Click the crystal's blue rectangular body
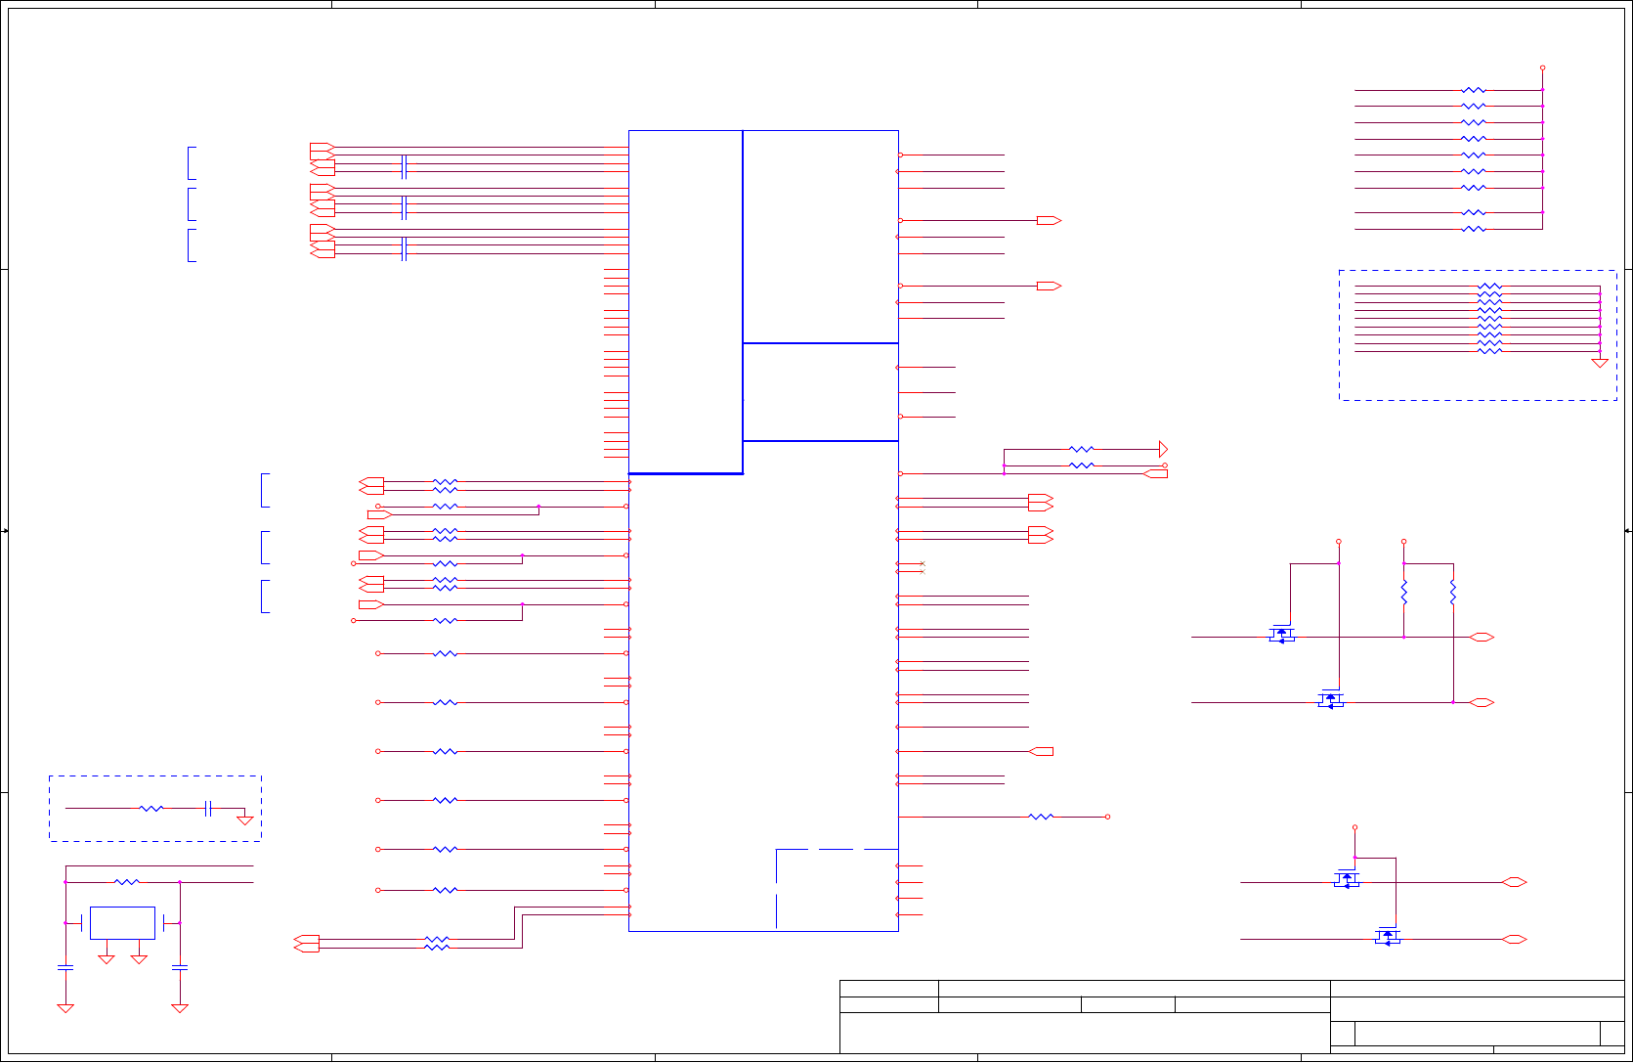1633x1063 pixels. pos(122,922)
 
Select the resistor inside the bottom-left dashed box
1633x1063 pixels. pos(151,809)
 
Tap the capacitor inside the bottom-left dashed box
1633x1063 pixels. pos(208,809)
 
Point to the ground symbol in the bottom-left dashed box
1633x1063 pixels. pos(245,820)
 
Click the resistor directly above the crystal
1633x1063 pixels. pos(127,882)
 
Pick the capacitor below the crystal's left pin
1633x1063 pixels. pos(65,967)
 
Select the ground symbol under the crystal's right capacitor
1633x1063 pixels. pos(180,1008)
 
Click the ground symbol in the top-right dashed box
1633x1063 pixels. pos(1600,363)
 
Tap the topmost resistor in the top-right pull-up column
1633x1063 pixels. pos(1474,90)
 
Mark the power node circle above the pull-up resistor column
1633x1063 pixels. pos(1542,67)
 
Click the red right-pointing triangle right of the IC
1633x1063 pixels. pos(1163,449)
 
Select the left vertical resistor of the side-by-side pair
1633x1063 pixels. pos(1404,593)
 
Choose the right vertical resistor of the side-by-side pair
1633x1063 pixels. pos(1453,593)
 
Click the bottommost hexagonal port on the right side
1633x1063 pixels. pos(1514,940)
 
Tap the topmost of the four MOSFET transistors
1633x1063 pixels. pos(1281,635)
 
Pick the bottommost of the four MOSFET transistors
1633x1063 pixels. pos(1388,937)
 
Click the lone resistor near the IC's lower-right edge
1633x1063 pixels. pos(1042,817)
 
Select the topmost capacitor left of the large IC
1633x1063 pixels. pos(404,167)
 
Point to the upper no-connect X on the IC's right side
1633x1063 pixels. pos(922,564)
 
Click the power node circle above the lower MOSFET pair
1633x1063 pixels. pos(1354,827)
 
